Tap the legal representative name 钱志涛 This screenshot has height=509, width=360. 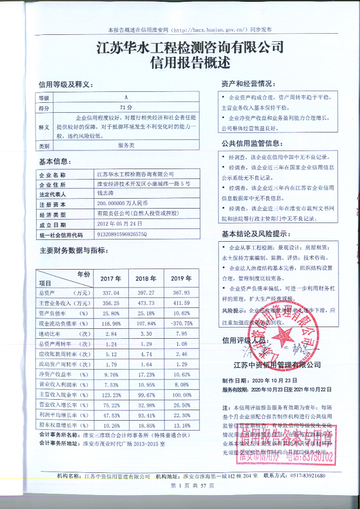tap(106, 194)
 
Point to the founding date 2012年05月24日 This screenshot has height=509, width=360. tap(120, 224)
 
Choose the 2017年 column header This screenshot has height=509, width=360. tap(110, 278)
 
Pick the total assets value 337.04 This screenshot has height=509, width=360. tap(110, 293)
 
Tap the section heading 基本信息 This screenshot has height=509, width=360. tap(55, 160)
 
